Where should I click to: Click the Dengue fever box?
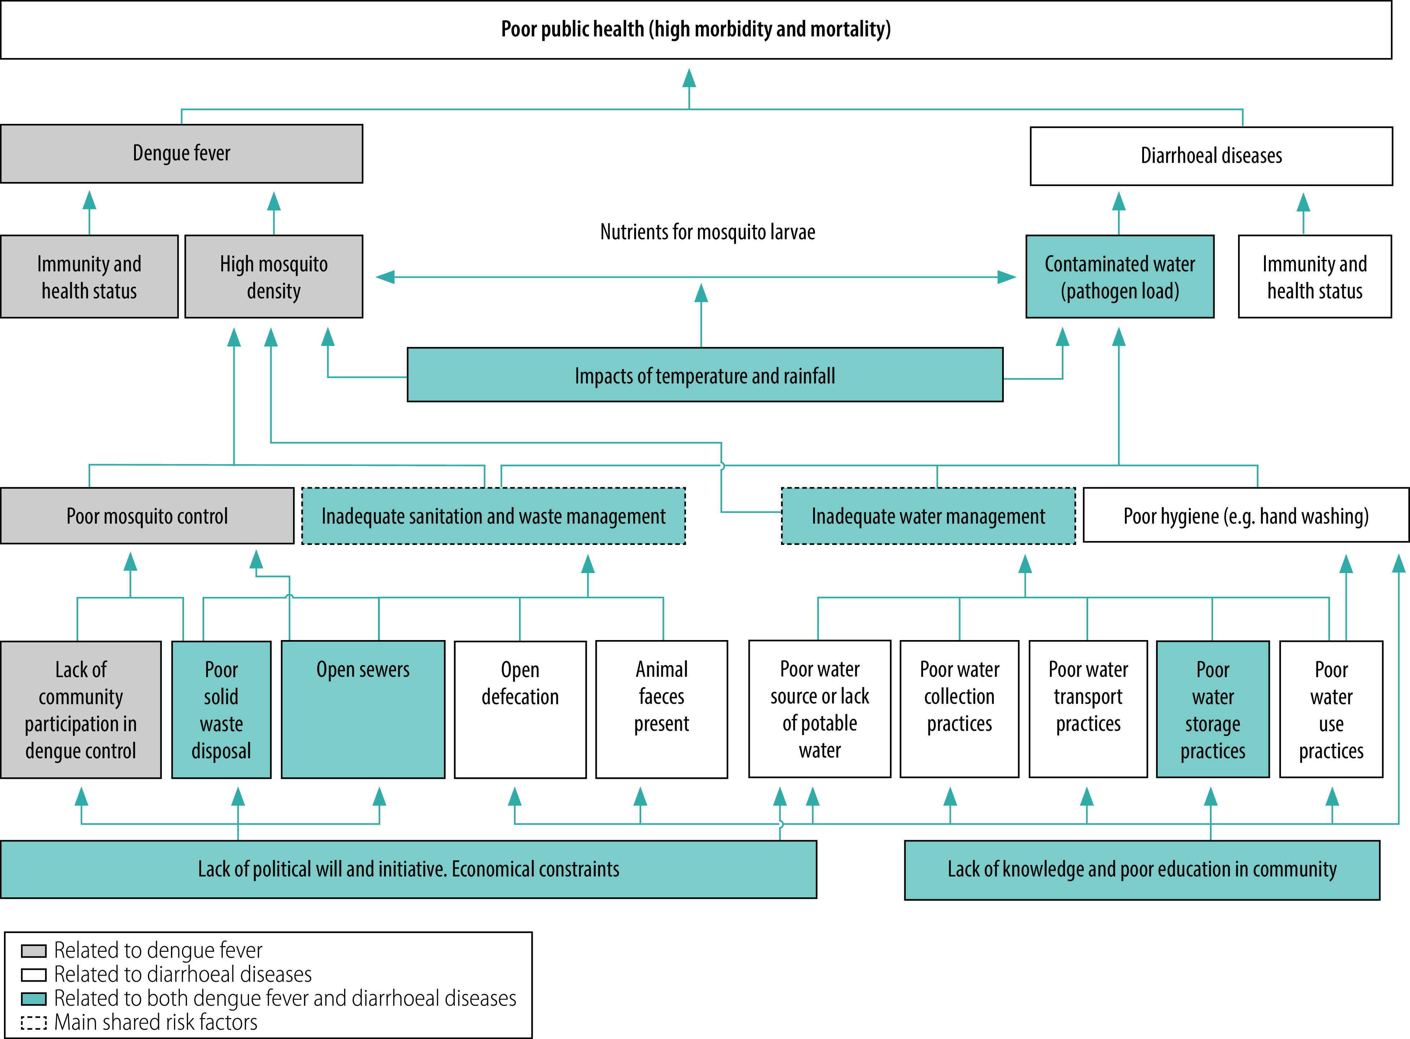tap(182, 154)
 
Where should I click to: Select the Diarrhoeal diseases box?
tap(1211, 156)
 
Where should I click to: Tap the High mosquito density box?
tap(274, 277)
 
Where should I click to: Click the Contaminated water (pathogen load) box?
tap(1119, 277)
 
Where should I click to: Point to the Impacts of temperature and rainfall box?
tap(705, 375)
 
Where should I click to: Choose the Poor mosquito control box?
tap(147, 516)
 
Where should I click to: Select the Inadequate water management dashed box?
tap(928, 516)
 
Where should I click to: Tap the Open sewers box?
tap(363, 710)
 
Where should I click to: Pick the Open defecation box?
tap(520, 710)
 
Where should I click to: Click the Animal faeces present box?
tap(662, 710)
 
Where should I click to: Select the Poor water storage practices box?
tap(1212, 710)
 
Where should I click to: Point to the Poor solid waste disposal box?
tap(221, 710)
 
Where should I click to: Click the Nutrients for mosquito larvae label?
tap(708, 232)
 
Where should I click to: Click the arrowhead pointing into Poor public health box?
tap(689, 78)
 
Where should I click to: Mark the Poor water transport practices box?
tap(1088, 710)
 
